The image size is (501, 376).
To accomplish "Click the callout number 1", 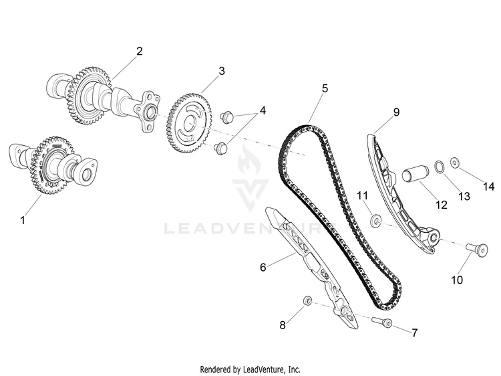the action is pos(23,220).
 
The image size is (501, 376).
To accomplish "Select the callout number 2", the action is pos(140,51).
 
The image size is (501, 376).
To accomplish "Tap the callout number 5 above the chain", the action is pos(325,88).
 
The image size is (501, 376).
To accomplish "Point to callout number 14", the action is pos(488,186).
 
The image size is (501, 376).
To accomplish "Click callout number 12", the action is pos(442,204).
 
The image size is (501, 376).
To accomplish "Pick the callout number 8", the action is pos(283,325).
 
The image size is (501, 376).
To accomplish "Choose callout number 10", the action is pos(457,280).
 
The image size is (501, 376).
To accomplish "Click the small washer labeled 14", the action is pos(455,163).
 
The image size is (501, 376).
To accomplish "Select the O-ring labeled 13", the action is pos(439,167).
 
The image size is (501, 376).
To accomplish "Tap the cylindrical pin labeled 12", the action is pos(415,174).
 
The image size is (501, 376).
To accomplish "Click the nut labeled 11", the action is pos(375,221).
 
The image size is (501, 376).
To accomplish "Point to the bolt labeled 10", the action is pos(476,250).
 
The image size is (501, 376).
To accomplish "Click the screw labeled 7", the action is pos(382,322).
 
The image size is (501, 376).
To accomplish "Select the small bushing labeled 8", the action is pos(307,300).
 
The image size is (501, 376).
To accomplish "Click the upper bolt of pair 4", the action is pos(227,117).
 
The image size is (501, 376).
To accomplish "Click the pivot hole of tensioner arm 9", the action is pos(434,238).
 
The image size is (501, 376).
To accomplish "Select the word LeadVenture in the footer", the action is pos(262,369).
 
